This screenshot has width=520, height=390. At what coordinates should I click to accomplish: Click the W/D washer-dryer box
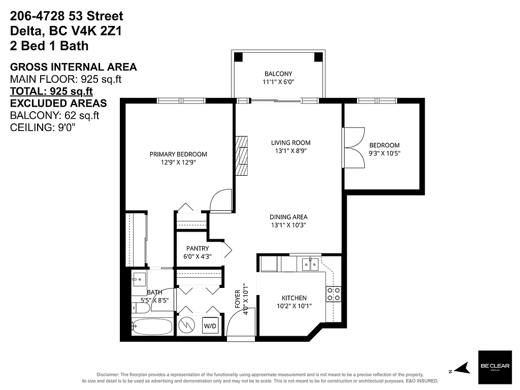pos(210,325)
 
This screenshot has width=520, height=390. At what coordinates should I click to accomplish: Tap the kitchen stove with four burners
pos(333,295)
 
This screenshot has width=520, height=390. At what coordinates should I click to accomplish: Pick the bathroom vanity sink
pos(139,280)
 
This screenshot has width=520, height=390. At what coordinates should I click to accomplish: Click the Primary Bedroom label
pos(178,154)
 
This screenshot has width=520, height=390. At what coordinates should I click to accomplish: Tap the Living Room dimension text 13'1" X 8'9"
pos(290,151)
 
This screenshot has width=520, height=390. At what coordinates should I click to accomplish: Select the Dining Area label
pos(288,217)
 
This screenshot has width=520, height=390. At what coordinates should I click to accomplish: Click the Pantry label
pos(197,248)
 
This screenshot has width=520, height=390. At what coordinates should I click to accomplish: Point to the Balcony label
pos(278,74)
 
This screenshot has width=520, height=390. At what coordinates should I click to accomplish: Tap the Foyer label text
pos(237,300)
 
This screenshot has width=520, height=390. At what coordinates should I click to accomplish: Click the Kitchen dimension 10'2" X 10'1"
pos(294,306)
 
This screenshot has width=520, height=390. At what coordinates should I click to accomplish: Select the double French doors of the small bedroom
pos(353,147)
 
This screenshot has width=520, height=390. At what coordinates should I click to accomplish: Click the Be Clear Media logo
pos(493,367)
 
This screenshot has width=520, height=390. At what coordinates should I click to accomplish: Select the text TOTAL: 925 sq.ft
pos(51,91)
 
